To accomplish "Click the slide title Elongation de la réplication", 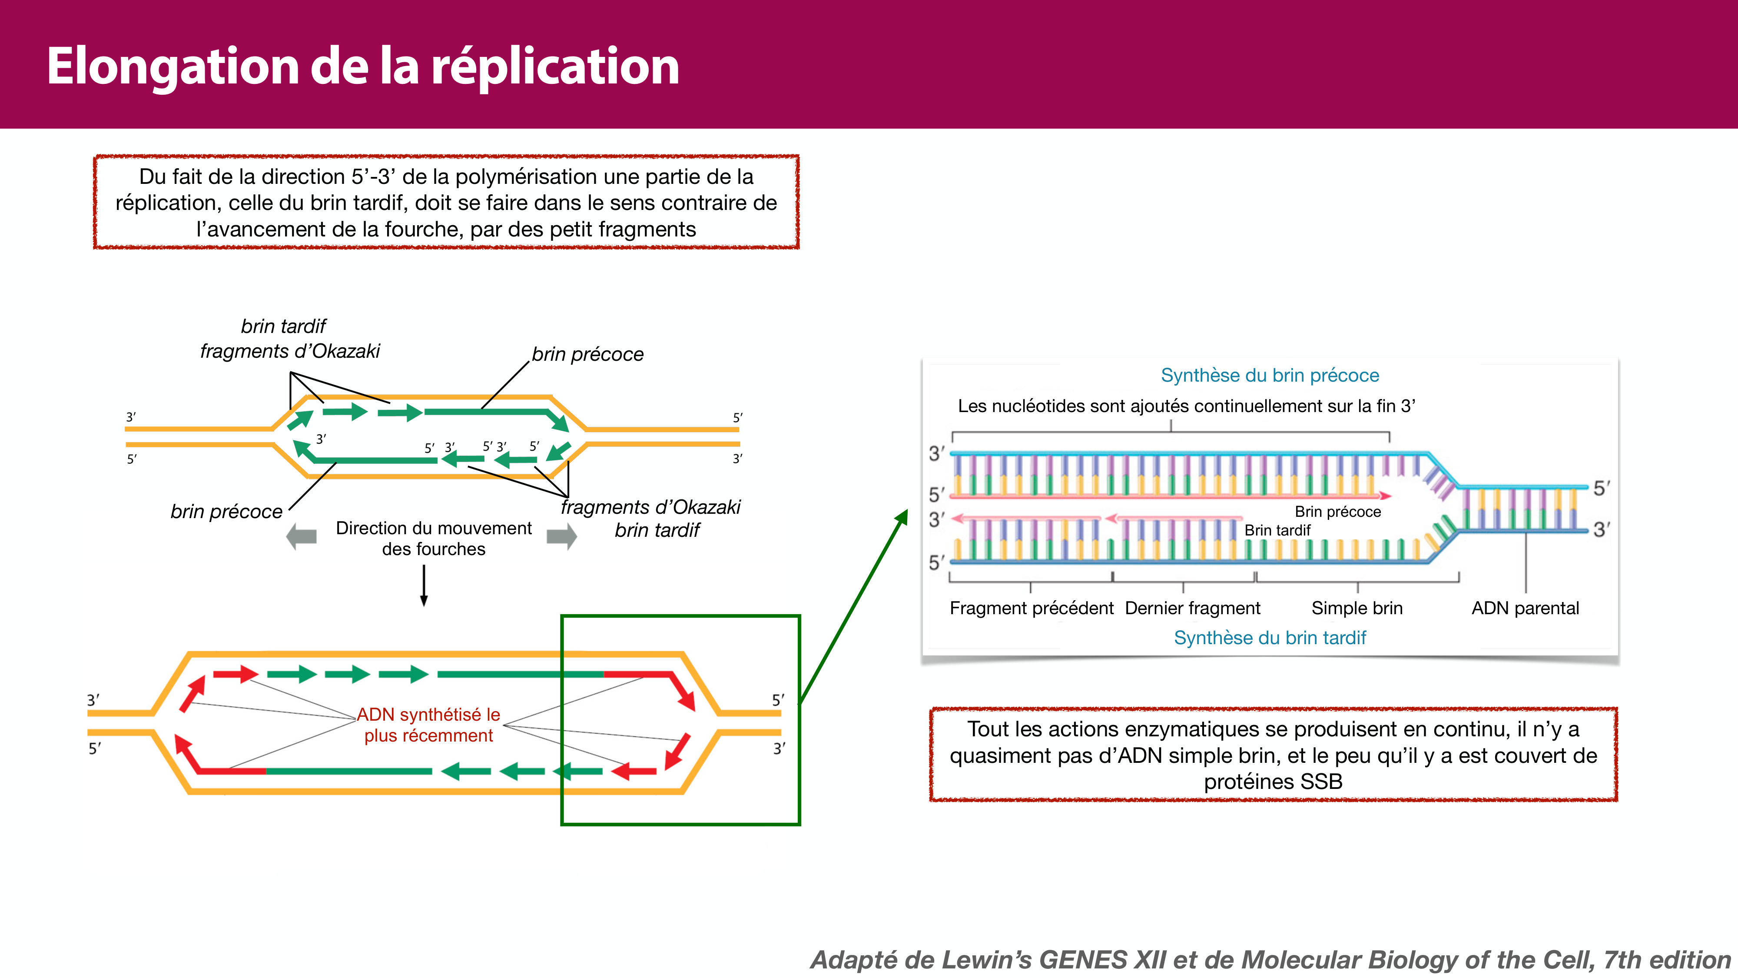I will (362, 66).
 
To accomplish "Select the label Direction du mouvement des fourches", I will (433, 538).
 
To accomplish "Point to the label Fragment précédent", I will (1031, 608).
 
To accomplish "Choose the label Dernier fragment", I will (1192, 608).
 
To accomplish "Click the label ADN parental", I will (1525, 608).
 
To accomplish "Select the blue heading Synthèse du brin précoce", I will (1270, 375).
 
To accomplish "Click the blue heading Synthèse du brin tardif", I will (1270, 638).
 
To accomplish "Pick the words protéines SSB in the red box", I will (1273, 782).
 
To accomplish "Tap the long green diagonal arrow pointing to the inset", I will (853, 608).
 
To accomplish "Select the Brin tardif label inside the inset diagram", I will (1277, 530).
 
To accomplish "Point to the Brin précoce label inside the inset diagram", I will (1337, 512).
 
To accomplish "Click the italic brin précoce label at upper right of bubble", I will (587, 354).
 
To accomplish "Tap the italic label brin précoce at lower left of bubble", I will (226, 512).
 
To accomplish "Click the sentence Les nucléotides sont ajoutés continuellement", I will (1185, 406).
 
